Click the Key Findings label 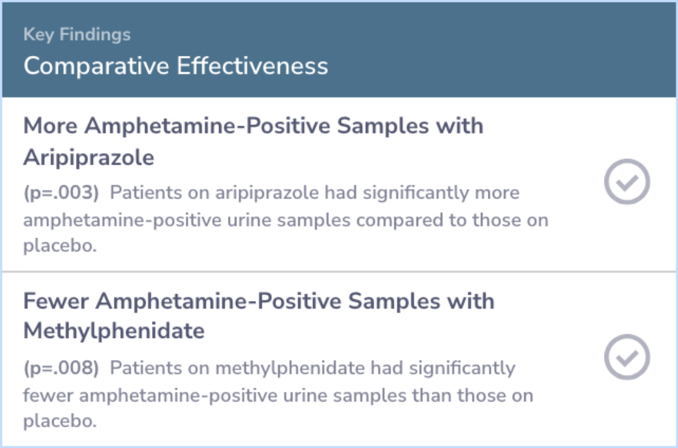point(77,35)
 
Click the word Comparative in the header point(96,67)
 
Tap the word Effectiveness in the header point(252,66)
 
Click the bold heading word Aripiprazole point(89,158)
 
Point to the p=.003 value point(61,193)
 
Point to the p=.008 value point(61,368)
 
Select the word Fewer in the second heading point(56,301)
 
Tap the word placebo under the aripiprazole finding point(60,246)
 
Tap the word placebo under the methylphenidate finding point(60,421)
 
